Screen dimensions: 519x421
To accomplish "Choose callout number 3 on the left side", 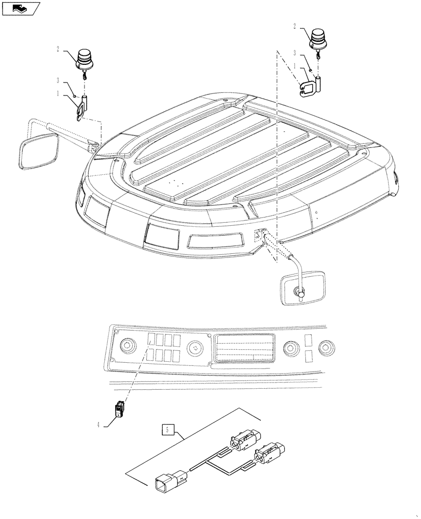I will pyautogui.click(x=59, y=80).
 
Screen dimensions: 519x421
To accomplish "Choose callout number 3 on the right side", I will pyautogui.click(x=294, y=53).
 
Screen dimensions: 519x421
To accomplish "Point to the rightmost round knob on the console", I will pyautogui.click(x=326, y=347).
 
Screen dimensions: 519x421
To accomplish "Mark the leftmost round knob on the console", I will pyautogui.click(x=127, y=345).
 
